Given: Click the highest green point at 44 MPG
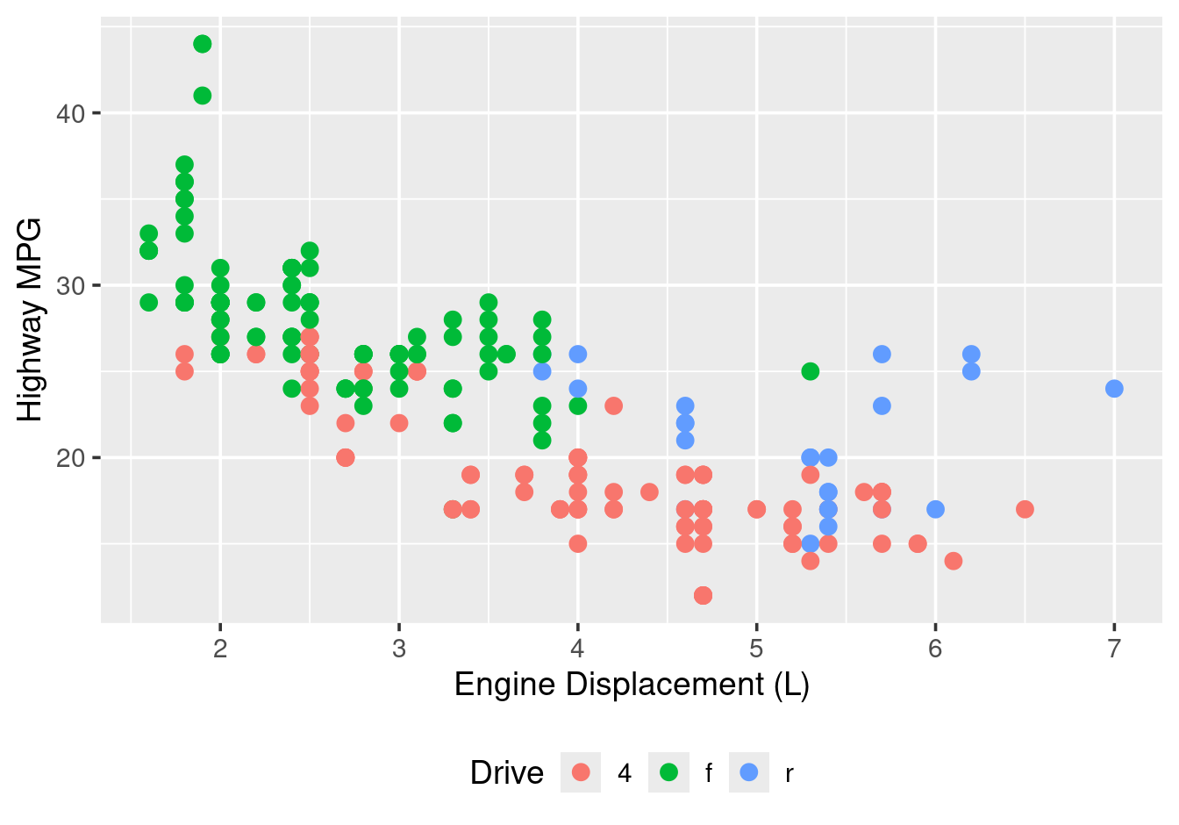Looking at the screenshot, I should (203, 44).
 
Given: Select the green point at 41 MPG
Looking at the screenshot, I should (203, 96).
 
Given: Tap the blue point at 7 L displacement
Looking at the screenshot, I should (1114, 389).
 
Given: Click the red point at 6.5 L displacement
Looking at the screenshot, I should (1025, 509).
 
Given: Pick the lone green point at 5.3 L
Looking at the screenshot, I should (810, 371).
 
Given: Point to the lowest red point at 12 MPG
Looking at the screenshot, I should (703, 595).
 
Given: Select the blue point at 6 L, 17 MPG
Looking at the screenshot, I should (935, 509).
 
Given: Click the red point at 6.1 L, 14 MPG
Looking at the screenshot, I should (954, 561).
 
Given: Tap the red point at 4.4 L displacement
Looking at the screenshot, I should (649, 491).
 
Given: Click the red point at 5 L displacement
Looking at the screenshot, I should (756, 509).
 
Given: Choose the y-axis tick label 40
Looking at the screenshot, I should (71, 113).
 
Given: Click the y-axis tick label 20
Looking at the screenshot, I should (71, 457).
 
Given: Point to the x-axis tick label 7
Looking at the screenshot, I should (1114, 649).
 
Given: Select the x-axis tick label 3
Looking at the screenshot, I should (399, 649).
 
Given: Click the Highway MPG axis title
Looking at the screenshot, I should (30, 320).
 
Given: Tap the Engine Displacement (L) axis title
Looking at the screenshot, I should (632, 685).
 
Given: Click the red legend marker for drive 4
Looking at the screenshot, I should (581, 772).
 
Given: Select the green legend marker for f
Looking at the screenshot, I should (668, 772).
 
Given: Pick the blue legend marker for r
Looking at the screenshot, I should (749, 772).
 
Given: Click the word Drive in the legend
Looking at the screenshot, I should (507, 772).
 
